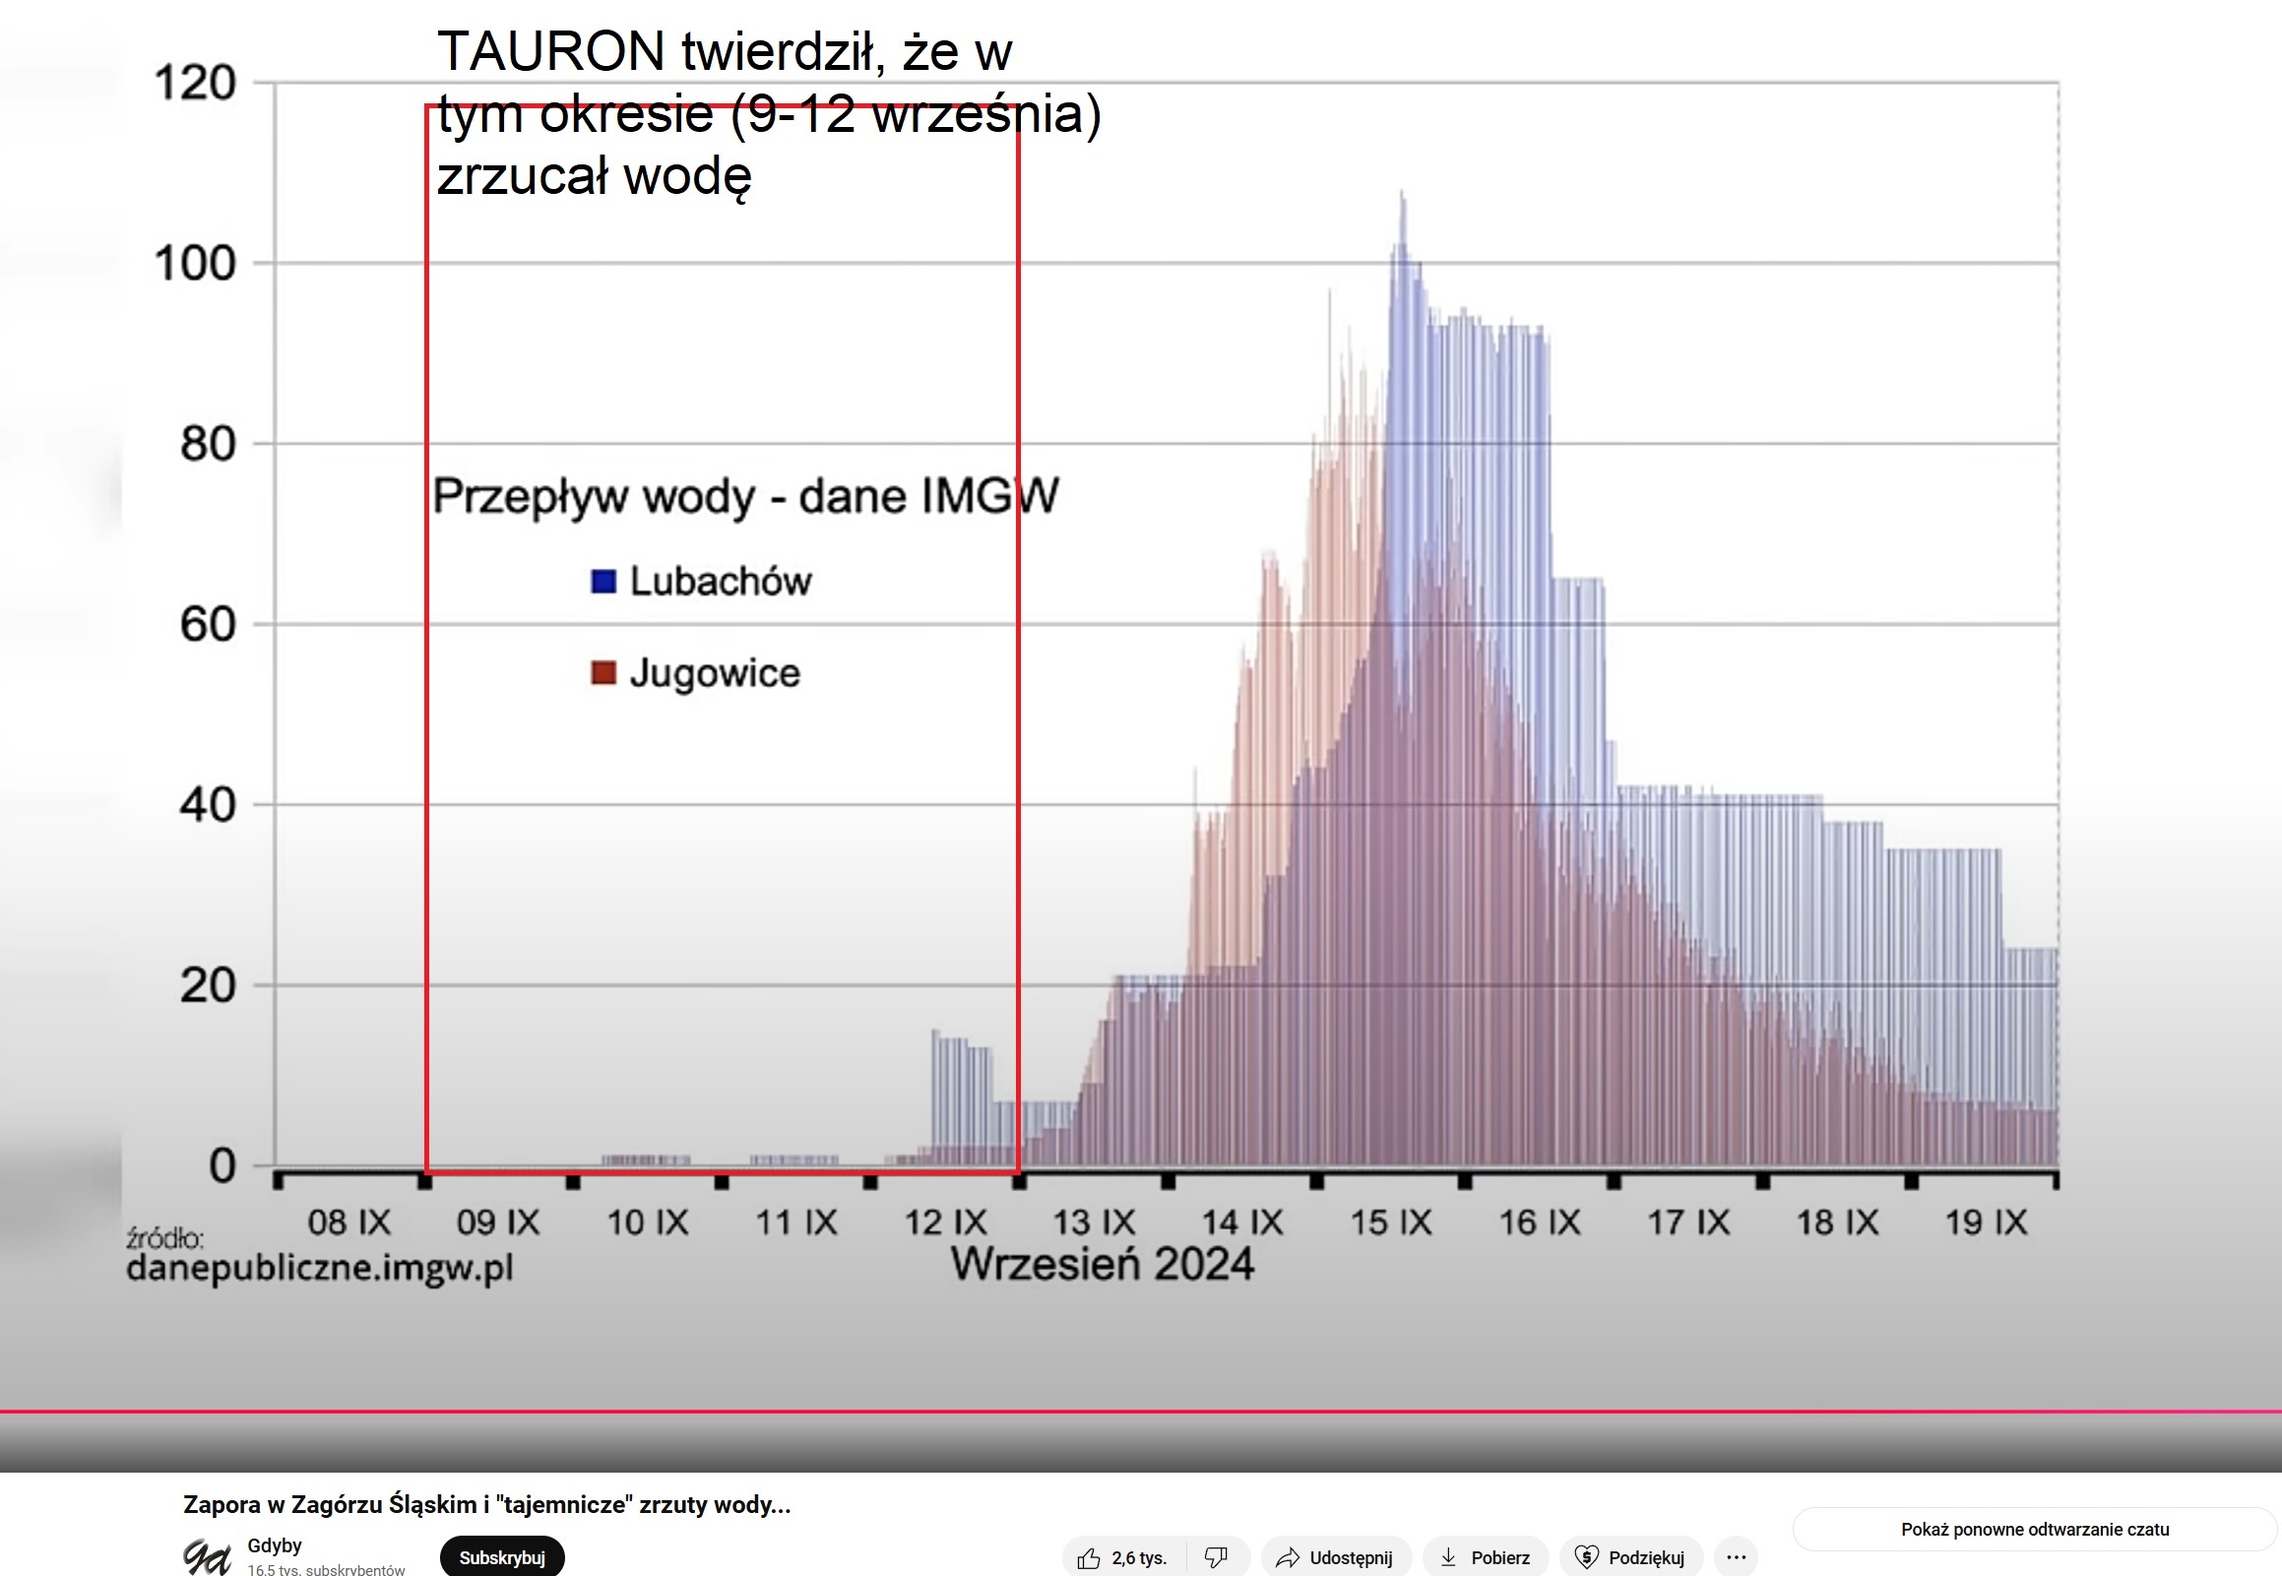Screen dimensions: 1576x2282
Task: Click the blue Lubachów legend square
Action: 603,582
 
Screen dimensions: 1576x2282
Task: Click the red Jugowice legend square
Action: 603,673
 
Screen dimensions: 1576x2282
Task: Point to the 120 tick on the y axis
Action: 195,83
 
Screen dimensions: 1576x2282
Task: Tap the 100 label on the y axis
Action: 195,264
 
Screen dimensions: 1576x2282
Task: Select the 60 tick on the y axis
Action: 208,625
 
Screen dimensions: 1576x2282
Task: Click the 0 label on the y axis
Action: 222,1166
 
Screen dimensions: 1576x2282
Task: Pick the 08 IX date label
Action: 349,1223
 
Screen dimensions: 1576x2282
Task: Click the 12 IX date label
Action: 945,1223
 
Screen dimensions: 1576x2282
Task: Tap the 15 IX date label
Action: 1390,1223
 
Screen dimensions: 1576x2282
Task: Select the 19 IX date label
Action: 1986,1223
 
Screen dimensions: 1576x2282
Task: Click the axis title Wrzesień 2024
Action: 1102,1264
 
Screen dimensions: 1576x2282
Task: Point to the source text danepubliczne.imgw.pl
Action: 320,1267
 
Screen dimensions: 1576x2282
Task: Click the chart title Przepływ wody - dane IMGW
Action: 745,496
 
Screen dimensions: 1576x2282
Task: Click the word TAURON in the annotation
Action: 551,51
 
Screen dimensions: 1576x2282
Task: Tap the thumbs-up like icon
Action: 1089,1558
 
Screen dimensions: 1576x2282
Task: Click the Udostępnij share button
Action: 1336,1557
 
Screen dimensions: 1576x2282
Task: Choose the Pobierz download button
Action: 1486,1557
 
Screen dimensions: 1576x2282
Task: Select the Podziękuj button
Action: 1630,1557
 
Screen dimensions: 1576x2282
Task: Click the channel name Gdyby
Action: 275,1545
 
